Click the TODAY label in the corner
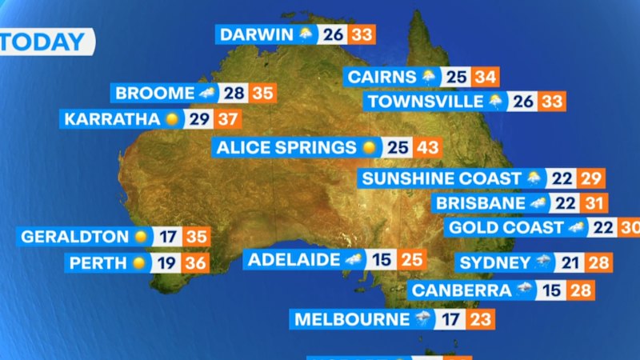point(44,42)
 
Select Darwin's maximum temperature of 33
point(362,34)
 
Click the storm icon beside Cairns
point(429,78)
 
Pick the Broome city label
point(155,93)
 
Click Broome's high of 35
point(262,93)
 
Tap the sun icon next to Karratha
point(171,119)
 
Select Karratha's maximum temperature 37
point(227,119)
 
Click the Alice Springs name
point(286,147)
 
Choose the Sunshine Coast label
point(441,178)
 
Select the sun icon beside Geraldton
point(141,237)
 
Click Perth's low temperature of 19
point(169,262)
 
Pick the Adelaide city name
point(293,259)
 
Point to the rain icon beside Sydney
point(543,262)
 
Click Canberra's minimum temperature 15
point(551,290)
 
